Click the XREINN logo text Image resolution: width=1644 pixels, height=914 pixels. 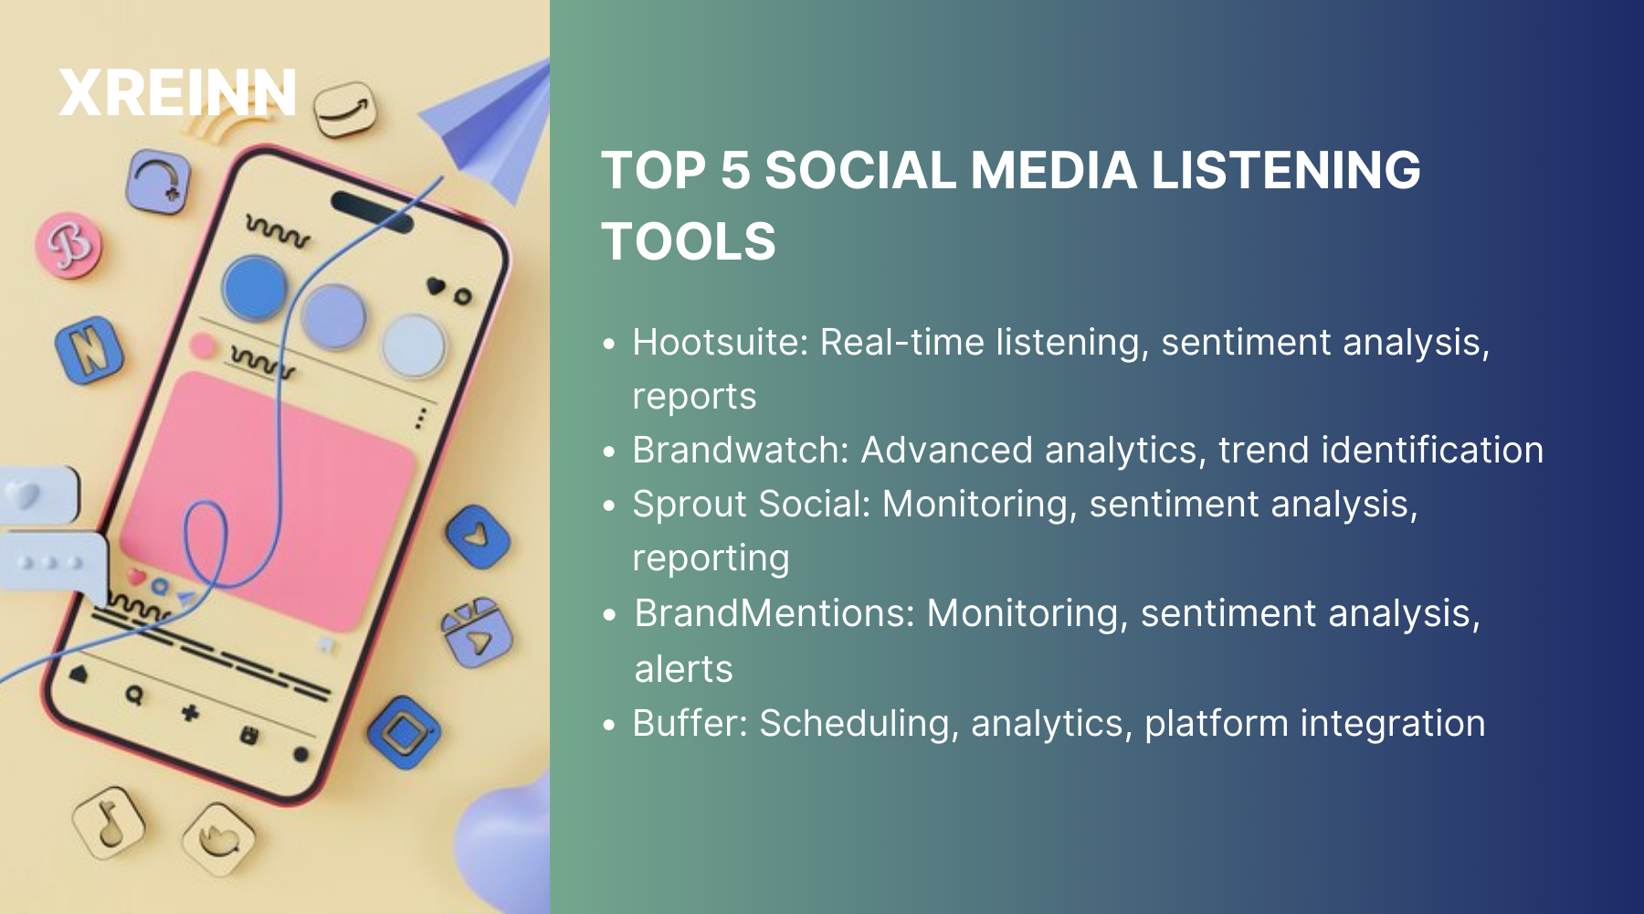177,93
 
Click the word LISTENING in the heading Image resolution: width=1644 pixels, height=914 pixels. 1285,171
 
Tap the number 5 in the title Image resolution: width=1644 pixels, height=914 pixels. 734,171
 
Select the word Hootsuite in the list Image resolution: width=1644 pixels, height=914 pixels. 715,343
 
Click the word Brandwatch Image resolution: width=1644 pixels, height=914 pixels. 741,451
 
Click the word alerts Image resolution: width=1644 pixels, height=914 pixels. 683,669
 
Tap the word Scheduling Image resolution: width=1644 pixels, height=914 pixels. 859,723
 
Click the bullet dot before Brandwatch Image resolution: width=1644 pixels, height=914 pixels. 610,452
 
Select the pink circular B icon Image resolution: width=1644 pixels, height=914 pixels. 68,244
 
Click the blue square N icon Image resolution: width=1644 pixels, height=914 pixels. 89,350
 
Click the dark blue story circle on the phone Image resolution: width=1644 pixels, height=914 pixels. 255,288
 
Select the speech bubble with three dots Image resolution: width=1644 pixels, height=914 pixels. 53,562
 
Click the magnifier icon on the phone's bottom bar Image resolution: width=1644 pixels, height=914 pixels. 134,696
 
